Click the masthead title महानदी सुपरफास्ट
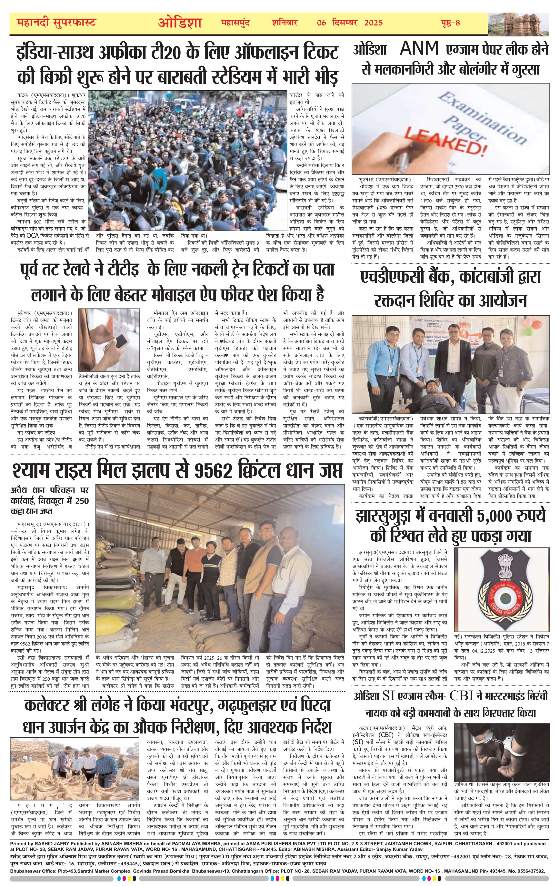click(56, 23)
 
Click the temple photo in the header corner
click(518, 24)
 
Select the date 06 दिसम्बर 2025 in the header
click(350, 23)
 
